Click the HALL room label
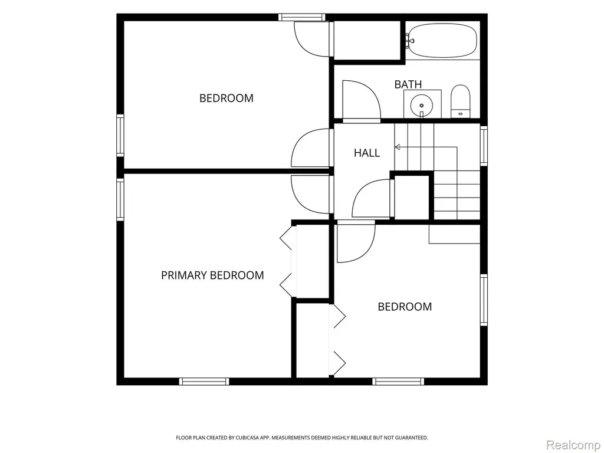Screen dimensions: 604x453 point(367,153)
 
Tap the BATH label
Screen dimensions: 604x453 point(408,84)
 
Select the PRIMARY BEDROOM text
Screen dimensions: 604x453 point(212,275)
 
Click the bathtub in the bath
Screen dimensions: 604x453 point(443,41)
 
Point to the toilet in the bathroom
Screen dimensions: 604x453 point(460,101)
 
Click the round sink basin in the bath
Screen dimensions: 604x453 point(422,105)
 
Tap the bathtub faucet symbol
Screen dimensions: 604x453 point(409,41)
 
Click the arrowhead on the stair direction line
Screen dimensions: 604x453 point(398,147)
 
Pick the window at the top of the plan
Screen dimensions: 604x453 point(301,17)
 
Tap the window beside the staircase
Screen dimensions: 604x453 point(484,146)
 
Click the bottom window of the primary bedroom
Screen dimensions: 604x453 point(204,382)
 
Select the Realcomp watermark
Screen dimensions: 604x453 point(574,445)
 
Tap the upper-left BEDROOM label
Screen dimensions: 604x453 point(226,99)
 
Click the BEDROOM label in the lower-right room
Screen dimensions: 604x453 point(405,307)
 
